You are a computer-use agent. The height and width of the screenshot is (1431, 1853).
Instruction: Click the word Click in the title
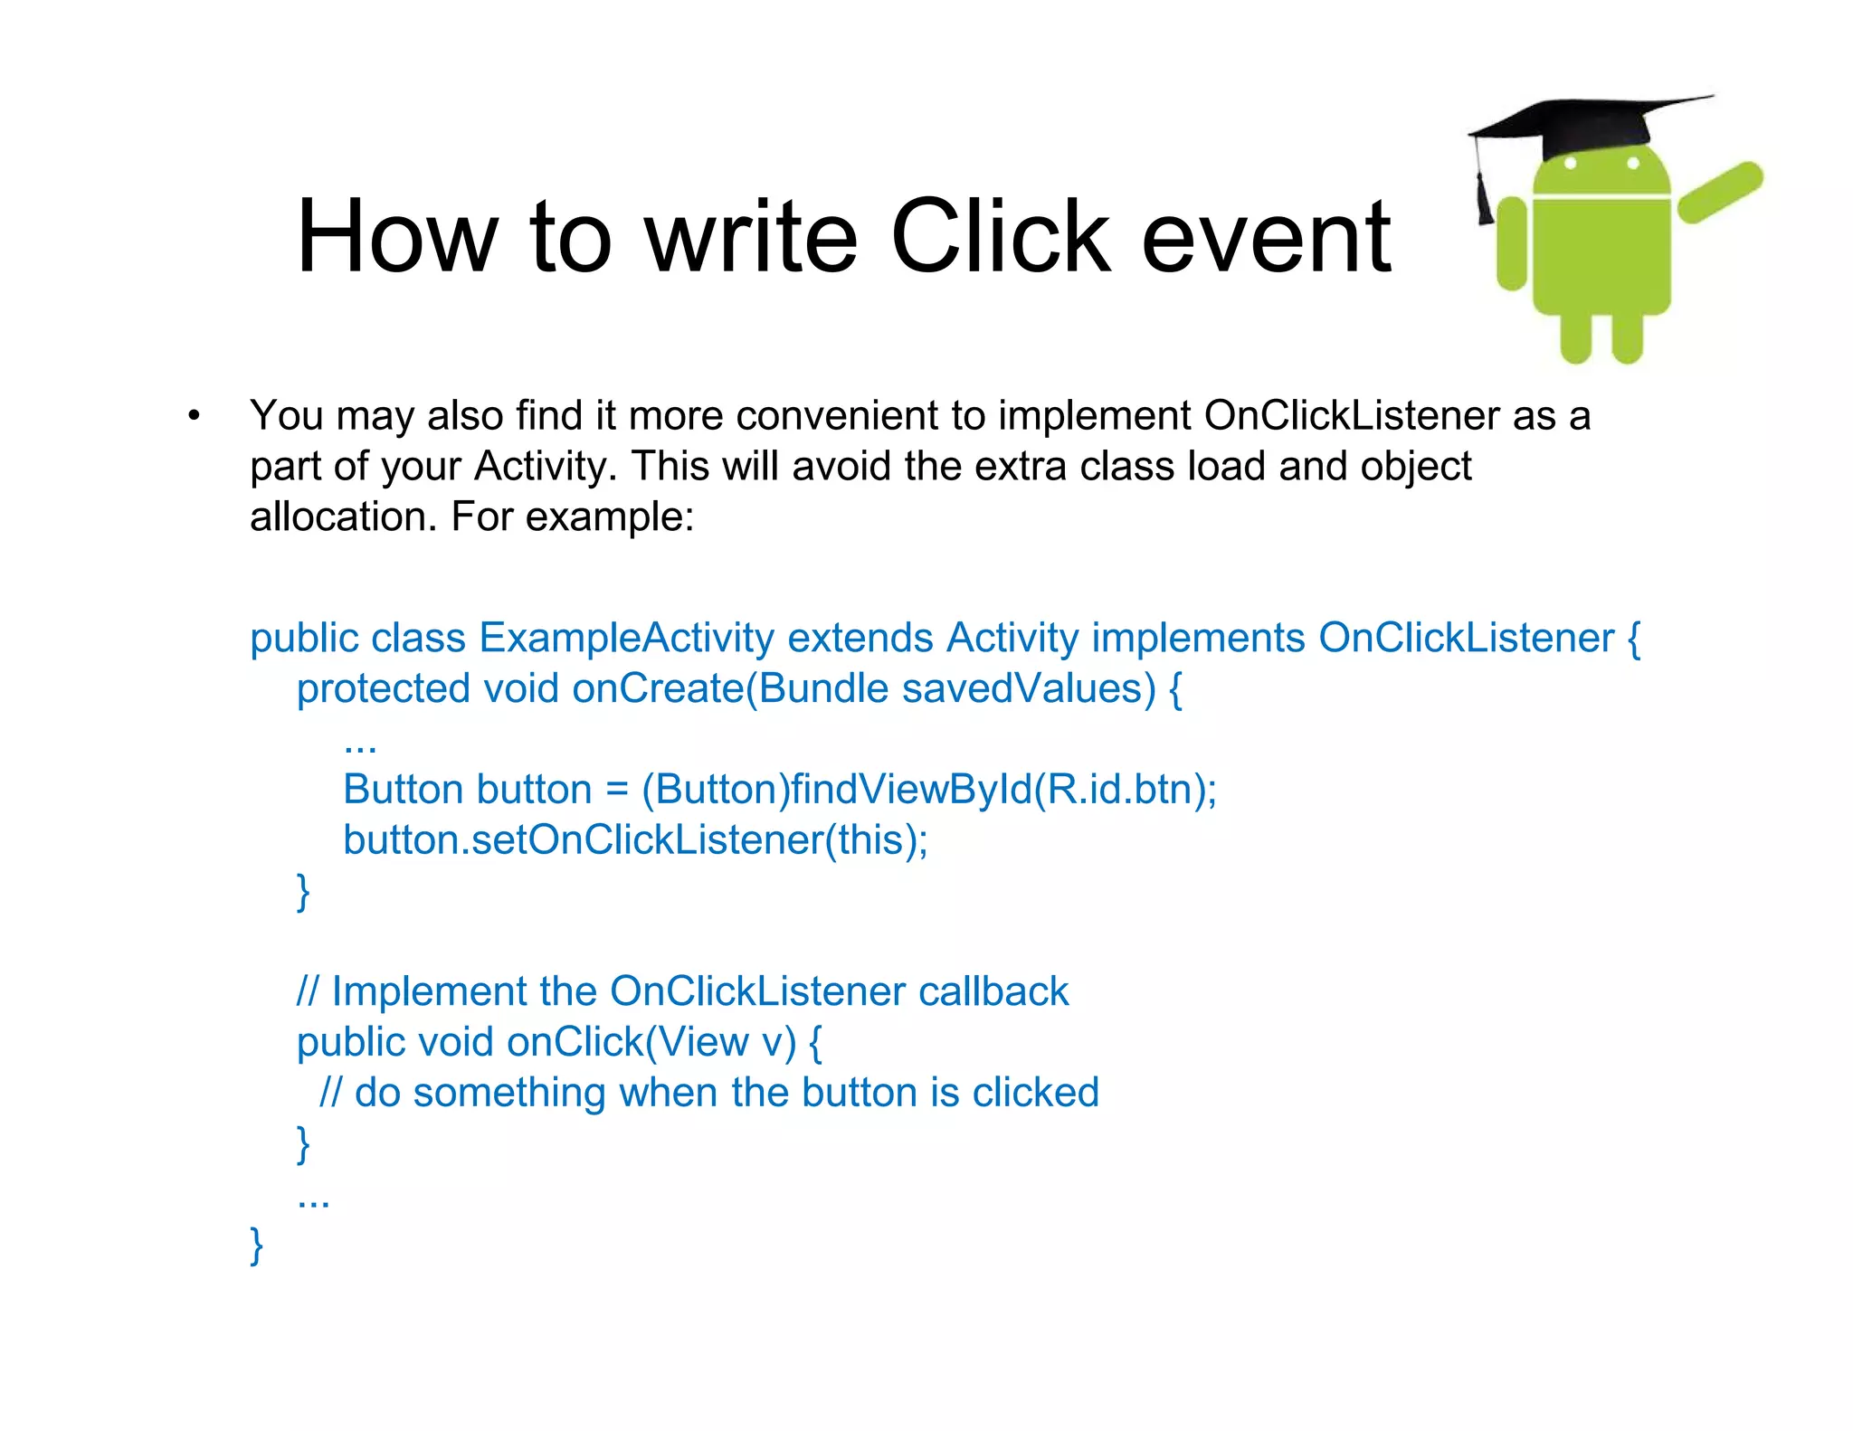click(x=999, y=237)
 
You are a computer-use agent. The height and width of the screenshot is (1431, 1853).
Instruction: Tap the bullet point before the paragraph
click(x=194, y=417)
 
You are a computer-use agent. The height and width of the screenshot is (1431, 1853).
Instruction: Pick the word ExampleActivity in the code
click(x=626, y=639)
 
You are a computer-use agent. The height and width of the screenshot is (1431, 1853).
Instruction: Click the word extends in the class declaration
click(x=860, y=639)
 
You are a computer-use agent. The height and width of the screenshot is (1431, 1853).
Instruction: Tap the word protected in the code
click(x=384, y=689)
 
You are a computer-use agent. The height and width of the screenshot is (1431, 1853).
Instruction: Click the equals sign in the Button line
click(x=616, y=791)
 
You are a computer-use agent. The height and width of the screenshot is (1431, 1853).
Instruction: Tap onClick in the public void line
click(x=575, y=1043)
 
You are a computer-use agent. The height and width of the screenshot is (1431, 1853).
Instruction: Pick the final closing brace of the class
click(x=257, y=1246)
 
